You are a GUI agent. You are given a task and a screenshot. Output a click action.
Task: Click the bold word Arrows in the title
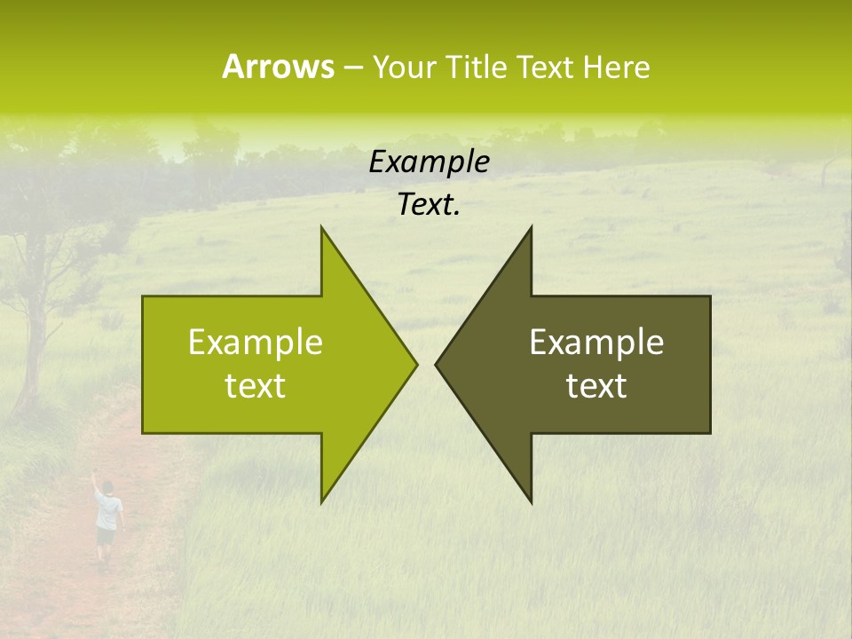pos(278,67)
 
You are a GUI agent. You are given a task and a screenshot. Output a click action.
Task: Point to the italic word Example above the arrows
pos(429,162)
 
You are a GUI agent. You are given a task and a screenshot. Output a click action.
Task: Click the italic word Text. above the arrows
pos(429,205)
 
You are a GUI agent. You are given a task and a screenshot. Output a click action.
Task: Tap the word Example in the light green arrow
pos(256,343)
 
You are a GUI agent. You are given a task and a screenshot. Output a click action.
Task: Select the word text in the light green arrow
pos(256,386)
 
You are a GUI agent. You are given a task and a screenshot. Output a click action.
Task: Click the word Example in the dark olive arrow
pos(596,343)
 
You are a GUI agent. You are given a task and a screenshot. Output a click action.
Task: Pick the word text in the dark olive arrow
pos(596,386)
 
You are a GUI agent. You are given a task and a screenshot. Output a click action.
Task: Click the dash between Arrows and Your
pos(352,68)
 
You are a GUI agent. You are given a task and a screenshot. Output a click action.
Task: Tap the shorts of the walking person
pos(106,537)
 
